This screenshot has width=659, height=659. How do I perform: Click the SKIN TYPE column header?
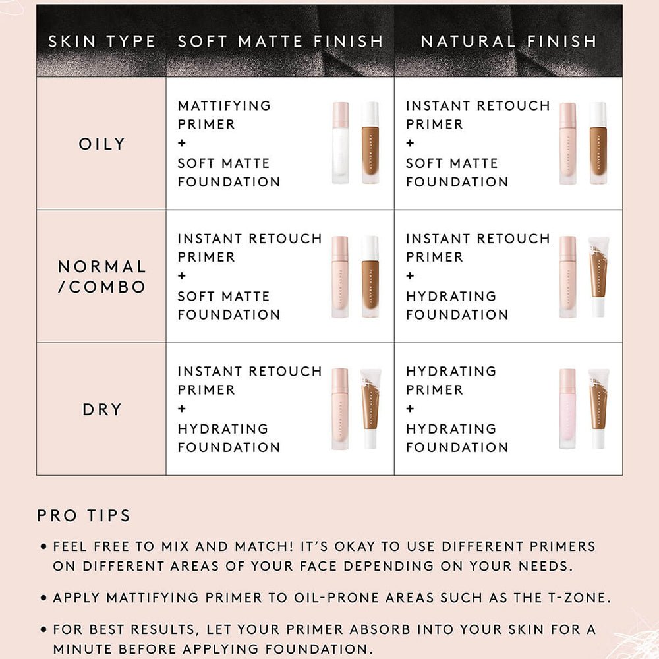(x=101, y=42)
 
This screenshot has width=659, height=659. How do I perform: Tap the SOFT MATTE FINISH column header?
(x=280, y=42)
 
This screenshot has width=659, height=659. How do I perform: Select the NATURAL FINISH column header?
(x=509, y=42)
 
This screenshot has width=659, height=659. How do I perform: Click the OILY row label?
(x=101, y=144)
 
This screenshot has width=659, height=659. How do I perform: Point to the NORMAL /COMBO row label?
(x=101, y=277)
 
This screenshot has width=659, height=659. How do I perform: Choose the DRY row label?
(x=101, y=409)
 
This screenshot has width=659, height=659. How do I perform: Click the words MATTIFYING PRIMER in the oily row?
(x=224, y=115)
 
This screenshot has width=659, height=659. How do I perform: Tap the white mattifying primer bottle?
(x=341, y=143)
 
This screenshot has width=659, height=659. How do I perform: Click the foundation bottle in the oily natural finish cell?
(x=598, y=143)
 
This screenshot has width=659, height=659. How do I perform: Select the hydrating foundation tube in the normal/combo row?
(x=598, y=277)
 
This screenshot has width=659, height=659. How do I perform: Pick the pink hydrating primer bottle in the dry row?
(x=567, y=409)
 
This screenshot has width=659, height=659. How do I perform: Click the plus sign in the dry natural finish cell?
(x=410, y=409)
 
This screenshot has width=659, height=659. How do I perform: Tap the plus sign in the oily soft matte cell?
(x=182, y=143)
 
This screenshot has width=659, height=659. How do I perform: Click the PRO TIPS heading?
(x=84, y=516)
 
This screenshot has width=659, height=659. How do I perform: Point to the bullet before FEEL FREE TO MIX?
(x=43, y=547)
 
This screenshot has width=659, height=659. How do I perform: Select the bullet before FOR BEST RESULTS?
(x=43, y=629)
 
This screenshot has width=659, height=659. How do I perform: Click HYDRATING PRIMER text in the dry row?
(x=451, y=380)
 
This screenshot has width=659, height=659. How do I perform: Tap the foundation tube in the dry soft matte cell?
(x=370, y=409)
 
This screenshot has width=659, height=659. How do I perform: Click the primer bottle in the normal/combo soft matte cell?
(x=339, y=277)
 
